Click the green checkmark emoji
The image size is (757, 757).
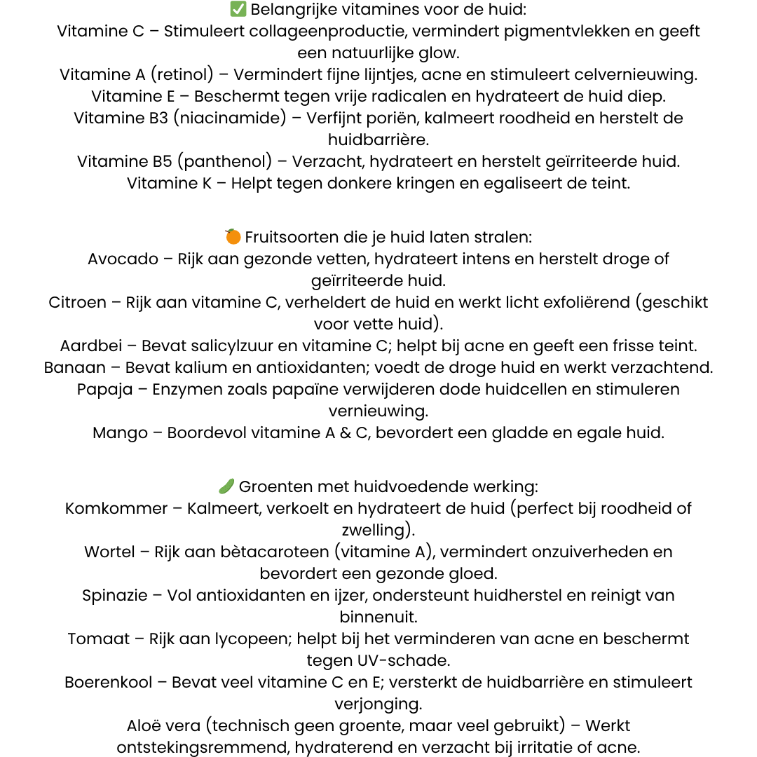[x=238, y=10]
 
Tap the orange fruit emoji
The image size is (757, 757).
[x=233, y=237]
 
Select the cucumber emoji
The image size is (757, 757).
[x=226, y=486]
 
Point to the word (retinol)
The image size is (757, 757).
[x=189, y=75]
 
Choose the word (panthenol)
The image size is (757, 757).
[x=224, y=162]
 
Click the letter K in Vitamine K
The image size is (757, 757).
[x=207, y=184]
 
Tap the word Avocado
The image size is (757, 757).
[x=123, y=259]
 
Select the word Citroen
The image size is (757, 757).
[x=78, y=303]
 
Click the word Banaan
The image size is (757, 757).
[x=75, y=368]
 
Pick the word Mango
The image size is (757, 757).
[x=121, y=433]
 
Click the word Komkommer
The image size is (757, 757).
[x=116, y=508]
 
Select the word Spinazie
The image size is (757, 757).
[x=115, y=596]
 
